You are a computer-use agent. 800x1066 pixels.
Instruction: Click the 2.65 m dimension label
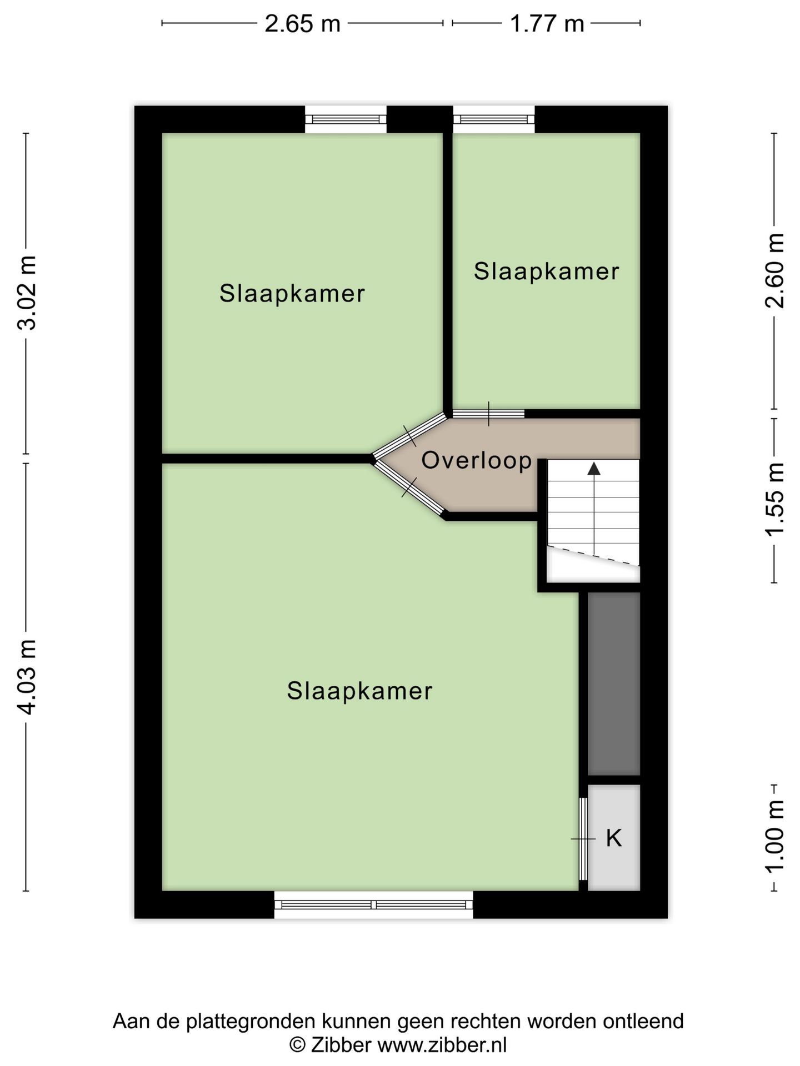pos(302,24)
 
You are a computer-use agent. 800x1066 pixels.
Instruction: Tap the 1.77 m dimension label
pos(547,24)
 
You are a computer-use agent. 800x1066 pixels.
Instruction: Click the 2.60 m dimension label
pos(774,270)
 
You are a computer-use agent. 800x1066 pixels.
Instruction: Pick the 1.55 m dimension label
pos(774,500)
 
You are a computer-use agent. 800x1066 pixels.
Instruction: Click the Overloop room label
pos(477,460)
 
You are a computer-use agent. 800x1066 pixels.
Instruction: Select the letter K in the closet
pos(613,838)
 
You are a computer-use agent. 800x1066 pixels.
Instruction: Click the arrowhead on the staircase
pos(594,469)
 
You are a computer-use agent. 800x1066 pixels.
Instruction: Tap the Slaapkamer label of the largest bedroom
pos(359,691)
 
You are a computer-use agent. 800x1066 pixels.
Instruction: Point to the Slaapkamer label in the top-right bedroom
pos(546,271)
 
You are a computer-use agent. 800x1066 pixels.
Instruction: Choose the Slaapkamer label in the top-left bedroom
pos(292,294)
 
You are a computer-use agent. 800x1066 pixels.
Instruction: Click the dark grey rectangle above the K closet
pos(614,683)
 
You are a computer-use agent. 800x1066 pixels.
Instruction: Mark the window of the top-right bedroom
pos(494,119)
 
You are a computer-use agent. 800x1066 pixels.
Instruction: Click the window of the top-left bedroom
pos(346,119)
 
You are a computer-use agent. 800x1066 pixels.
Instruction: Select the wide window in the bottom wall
pos(374,904)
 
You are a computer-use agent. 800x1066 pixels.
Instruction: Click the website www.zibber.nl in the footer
pos(442,1045)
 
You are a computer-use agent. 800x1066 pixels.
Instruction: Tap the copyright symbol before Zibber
pos(298,1045)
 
